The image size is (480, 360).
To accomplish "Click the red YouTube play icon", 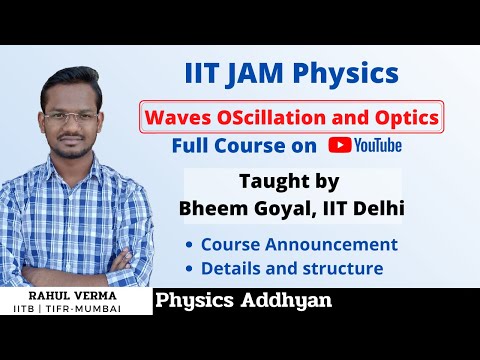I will coord(338,146).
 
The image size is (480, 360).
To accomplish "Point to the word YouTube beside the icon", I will coord(378,146).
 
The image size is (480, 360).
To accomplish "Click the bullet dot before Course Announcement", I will coord(189,245).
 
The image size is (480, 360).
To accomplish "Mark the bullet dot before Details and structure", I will coord(189,269).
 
